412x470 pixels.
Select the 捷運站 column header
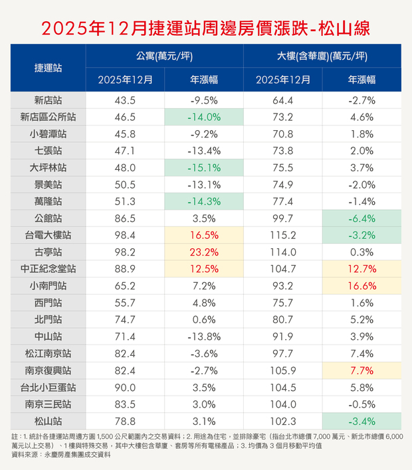point(49,67)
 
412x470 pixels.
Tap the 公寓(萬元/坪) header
point(164,56)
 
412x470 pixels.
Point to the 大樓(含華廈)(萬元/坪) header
point(322,56)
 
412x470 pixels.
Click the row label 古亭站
point(49,252)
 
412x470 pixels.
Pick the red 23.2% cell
point(205,252)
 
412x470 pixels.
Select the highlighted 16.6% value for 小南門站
point(362,287)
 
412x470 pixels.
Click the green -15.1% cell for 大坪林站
point(205,169)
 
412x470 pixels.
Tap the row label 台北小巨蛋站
point(49,387)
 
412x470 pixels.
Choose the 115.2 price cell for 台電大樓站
point(282,236)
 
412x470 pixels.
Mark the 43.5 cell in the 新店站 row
point(125,101)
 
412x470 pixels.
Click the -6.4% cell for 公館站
point(362,219)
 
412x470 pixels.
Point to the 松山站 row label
point(49,421)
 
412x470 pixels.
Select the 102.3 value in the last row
point(282,421)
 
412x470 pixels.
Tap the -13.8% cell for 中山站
point(205,337)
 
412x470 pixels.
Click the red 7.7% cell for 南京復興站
point(362,370)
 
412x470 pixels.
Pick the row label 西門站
point(49,303)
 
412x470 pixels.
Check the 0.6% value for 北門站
point(205,320)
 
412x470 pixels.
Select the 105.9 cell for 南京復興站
point(282,370)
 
